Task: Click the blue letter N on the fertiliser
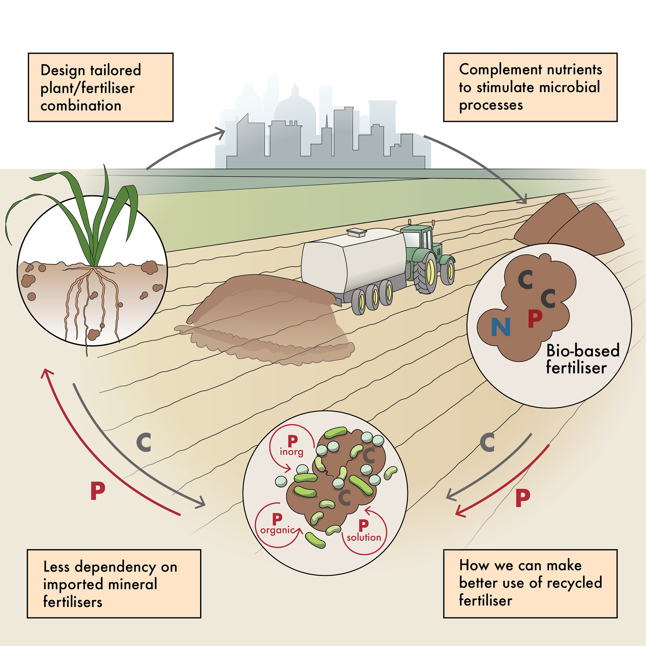click(500, 327)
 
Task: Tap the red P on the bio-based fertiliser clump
click(535, 318)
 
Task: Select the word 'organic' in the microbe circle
click(277, 530)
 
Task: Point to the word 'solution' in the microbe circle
click(364, 537)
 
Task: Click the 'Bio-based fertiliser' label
click(582, 359)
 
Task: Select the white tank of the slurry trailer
click(353, 259)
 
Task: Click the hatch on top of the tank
click(356, 232)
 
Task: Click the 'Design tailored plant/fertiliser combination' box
click(101, 87)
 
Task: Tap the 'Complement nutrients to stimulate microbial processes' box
click(530, 87)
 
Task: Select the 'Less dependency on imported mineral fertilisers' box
click(114, 584)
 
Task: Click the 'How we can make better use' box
click(530, 584)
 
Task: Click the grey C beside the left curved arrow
click(144, 442)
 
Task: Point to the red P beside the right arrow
click(523, 498)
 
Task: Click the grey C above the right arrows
click(487, 442)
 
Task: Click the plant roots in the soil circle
click(91, 296)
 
